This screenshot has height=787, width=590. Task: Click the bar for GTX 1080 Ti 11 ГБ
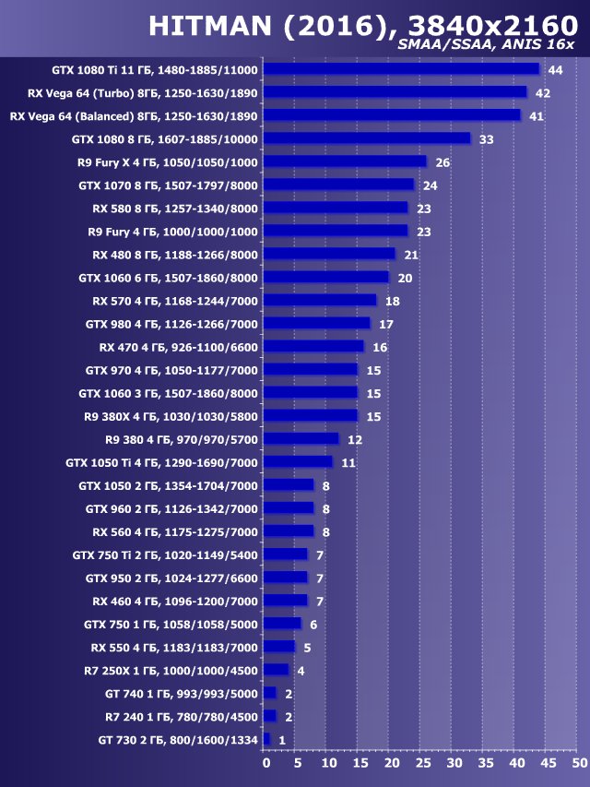click(x=402, y=69)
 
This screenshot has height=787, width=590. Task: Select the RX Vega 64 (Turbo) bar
click(x=395, y=92)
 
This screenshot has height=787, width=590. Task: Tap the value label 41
click(x=536, y=116)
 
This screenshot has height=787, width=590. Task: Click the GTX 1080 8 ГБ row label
click(x=165, y=139)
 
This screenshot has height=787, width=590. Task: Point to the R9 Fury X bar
click(x=346, y=162)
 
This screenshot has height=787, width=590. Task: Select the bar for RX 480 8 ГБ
click(x=330, y=255)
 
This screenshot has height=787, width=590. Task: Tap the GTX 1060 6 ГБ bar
click(x=326, y=278)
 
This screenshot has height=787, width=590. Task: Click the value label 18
click(x=392, y=301)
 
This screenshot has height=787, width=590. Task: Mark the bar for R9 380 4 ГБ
click(x=301, y=439)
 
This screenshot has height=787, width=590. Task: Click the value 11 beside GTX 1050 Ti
click(x=348, y=462)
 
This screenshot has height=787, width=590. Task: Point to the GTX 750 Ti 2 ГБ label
click(x=166, y=554)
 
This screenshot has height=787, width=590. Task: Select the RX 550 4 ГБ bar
click(x=279, y=647)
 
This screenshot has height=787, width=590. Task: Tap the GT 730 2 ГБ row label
click(x=179, y=739)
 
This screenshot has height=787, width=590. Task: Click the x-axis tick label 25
click(x=422, y=764)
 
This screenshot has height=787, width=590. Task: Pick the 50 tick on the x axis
click(x=578, y=764)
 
